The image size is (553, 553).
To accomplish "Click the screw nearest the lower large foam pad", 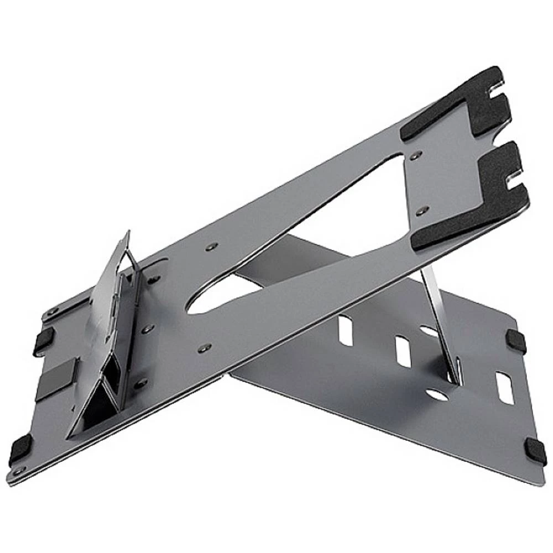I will click(x=421, y=211).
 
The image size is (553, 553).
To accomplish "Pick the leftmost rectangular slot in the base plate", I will click(x=346, y=330).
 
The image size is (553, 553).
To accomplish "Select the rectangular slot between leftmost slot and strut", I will click(x=403, y=352).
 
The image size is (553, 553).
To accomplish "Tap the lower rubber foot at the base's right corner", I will click(x=535, y=451).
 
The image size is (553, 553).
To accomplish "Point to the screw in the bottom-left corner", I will click(x=20, y=470).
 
